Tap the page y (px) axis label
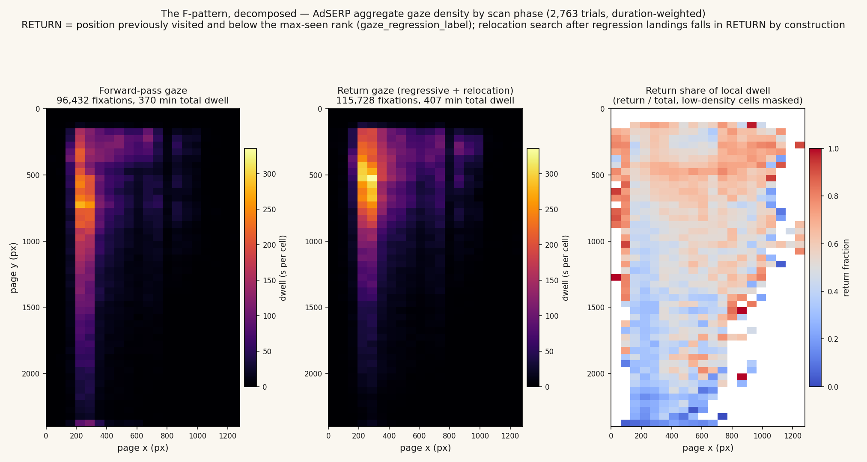(x=14, y=267)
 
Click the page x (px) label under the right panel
(x=708, y=448)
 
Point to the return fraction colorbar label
(x=846, y=268)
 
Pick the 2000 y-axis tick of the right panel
(x=597, y=373)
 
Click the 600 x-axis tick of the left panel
(x=137, y=436)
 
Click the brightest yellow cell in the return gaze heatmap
(x=372, y=178)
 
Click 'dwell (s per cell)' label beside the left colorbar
(x=283, y=268)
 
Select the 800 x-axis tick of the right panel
(x=732, y=436)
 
